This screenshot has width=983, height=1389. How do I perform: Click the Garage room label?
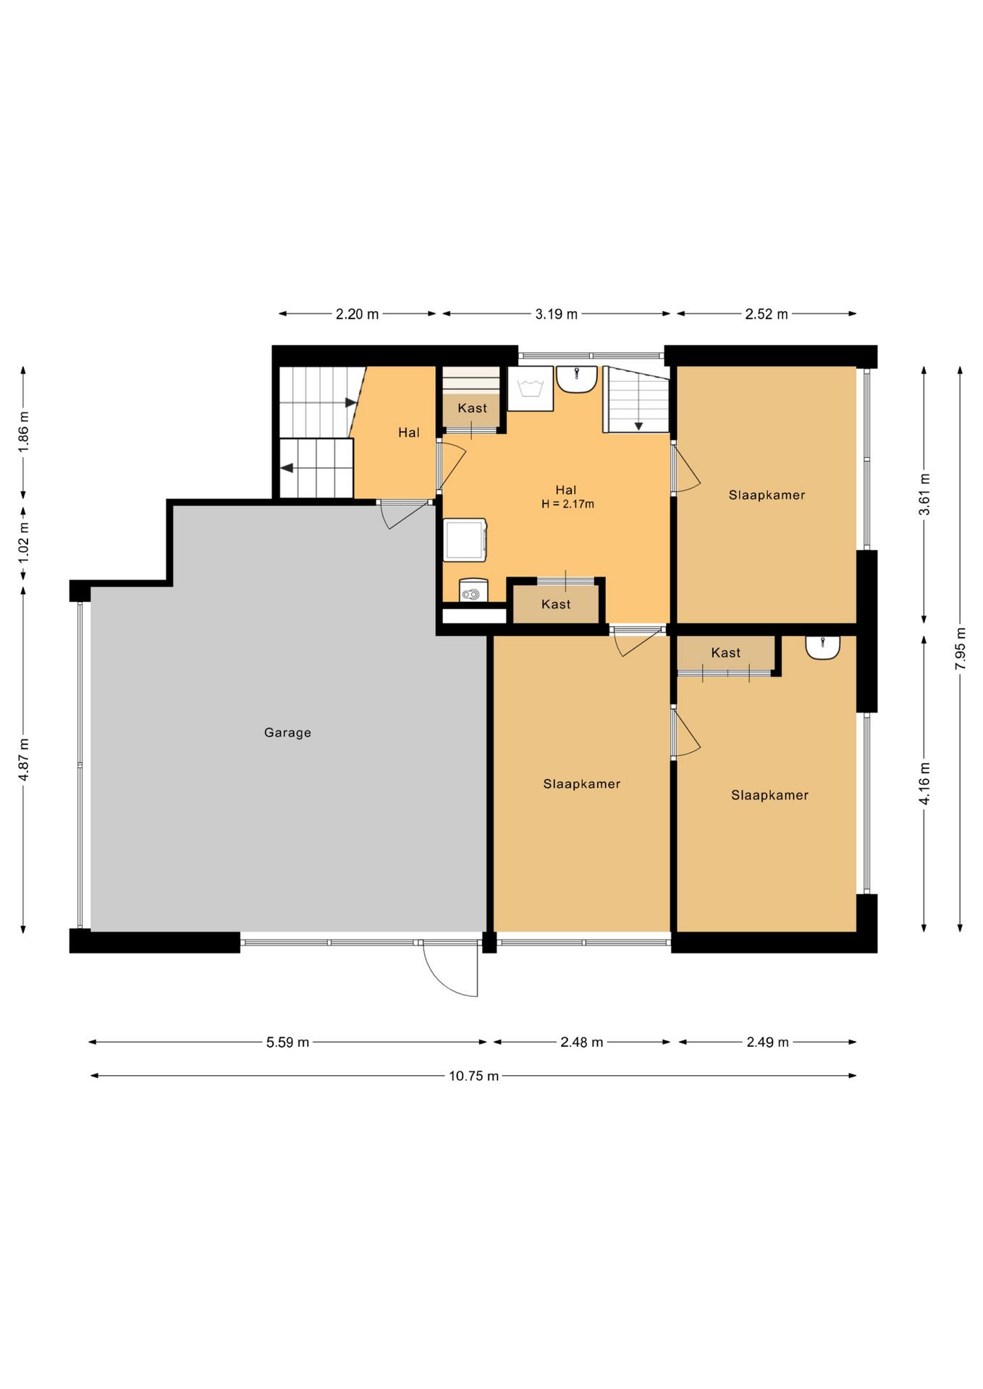click(x=287, y=732)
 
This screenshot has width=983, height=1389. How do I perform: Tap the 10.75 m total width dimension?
click(x=473, y=1076)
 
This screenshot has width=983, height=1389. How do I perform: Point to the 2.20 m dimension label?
click(x=357, y=314)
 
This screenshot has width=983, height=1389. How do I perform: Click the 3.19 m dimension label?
click(x=556, y=314)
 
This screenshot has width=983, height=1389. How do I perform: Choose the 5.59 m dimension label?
click(x=287, y=1042)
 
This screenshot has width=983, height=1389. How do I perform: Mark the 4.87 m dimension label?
click(x=24, y=759)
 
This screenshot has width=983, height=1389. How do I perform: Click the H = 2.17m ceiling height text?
click(x=568, y=504)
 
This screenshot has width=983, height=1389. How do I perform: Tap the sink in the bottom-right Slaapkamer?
click(x=823, y=647)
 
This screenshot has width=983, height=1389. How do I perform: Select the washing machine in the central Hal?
click(x=465, y=540)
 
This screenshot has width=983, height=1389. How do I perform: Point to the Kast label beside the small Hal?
click(x=472, y=408)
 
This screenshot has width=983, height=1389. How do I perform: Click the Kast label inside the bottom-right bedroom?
click(x=725, y=653)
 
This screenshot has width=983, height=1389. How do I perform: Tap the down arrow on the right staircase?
click(x=638, y=426)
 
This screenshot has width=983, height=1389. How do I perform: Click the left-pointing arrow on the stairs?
click(x=287, y=468)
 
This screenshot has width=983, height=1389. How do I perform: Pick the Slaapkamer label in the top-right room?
click(x=767, y=495)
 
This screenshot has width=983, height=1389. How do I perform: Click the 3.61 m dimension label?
click(x=924, y=494)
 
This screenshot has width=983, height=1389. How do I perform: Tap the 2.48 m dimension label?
click(x=581, y=1042)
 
